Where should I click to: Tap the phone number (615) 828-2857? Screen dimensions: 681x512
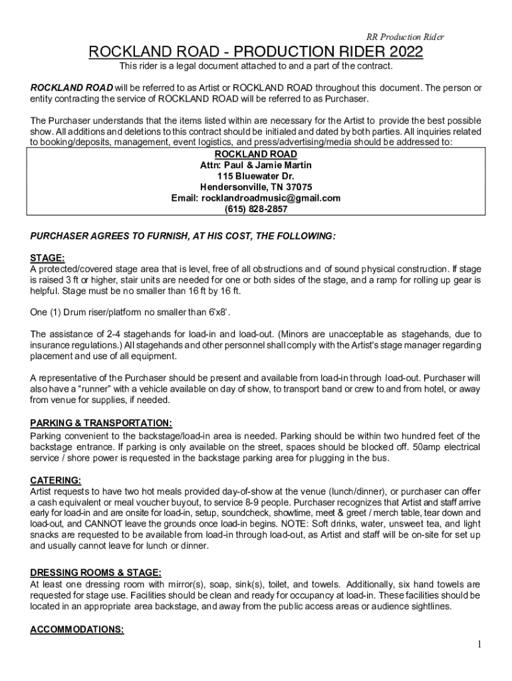[x=256, y=209]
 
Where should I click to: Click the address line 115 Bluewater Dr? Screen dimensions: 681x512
[x=256, y=176]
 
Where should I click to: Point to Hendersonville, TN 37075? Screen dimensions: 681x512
[x=256, y=187]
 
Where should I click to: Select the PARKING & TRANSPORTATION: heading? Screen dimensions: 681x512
[x=101, y=423]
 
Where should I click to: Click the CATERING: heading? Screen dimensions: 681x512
[x=56, y=479]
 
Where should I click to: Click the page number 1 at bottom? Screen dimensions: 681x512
[x=478, y=645]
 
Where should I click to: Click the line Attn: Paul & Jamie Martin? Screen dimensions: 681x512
[x=256, y=165]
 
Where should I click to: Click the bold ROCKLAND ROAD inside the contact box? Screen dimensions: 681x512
[x=256, y=154]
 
